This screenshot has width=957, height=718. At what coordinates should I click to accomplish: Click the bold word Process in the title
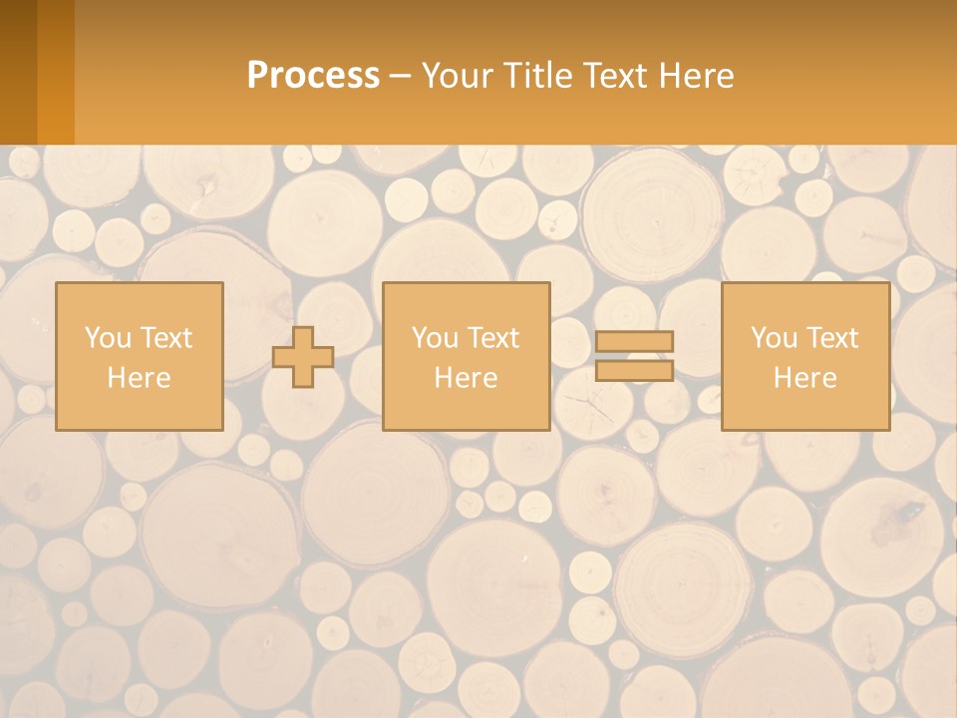(313, 76)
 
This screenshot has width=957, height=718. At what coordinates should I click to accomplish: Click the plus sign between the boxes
(303, 356)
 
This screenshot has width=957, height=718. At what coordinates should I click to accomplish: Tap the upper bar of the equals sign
(634, 341)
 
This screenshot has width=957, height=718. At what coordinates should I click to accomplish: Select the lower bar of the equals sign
(634, 371)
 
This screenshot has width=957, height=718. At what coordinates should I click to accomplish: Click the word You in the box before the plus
(108, 338)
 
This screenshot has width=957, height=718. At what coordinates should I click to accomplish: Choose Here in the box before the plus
(139, 378)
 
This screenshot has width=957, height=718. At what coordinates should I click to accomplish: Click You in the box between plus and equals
(435, 338)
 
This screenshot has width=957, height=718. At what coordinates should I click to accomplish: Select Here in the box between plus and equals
(466, 378)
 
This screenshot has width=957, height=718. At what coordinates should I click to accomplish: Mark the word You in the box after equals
(774, 338)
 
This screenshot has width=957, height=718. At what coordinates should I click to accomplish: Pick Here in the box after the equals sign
(804, 378)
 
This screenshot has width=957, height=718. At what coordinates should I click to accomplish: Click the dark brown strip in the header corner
(18, 72)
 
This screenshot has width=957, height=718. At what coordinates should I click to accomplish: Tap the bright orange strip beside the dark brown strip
(56, 72)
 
